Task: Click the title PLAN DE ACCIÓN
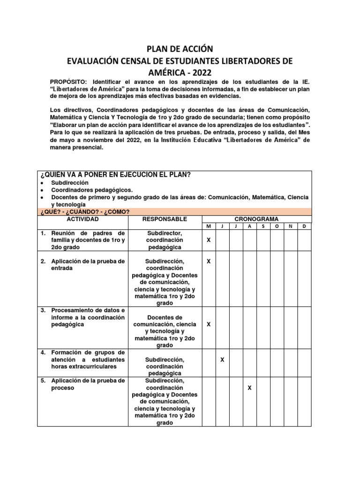click(180, 49)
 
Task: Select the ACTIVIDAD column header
click(82, 219)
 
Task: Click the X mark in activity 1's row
click(209, 240)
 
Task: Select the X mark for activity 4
click(223, 360)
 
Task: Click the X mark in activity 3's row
click(209, 324)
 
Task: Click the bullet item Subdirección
click(70, 183)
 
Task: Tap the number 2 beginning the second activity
click(42, 261)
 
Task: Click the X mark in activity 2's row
click(209, 261)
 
